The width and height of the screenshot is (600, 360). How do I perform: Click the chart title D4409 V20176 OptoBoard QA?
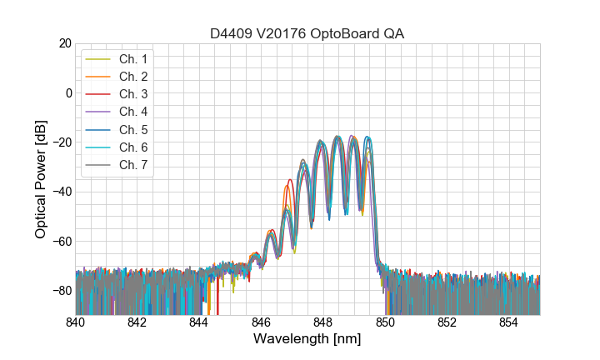coord(307,33)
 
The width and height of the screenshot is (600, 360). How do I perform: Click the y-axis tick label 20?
coord(63,43)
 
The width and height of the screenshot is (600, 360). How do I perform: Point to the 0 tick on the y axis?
coord(67,92)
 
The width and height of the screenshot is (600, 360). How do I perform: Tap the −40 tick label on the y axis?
coord(60,192)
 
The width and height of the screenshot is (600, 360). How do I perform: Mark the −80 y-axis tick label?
coord(60,291)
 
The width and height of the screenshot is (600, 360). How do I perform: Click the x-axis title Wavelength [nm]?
coord(307,340)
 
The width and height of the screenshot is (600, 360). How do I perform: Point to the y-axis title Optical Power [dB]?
coord(40,179)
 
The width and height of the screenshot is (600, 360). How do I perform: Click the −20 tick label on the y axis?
coord(60,142)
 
